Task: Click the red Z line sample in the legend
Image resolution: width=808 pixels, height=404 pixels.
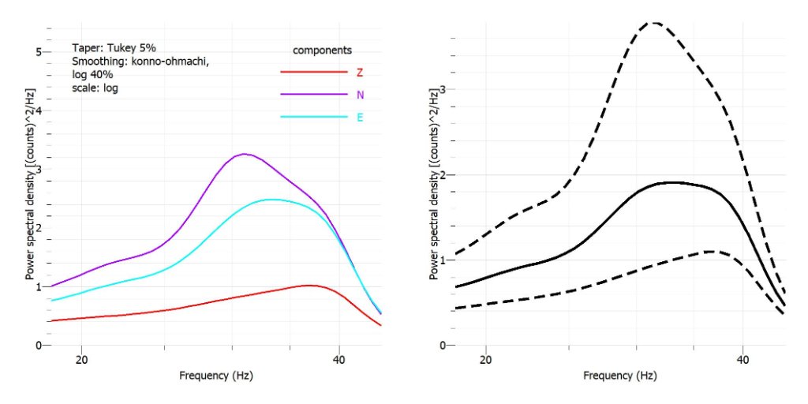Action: click(313, 72)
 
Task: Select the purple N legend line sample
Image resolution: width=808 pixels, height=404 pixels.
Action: click(313, 94)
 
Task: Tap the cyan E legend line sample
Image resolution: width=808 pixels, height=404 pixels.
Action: click(313, 117)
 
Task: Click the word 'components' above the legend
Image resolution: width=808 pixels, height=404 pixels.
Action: click(322, 50)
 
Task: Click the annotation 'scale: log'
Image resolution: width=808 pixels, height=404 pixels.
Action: click(95, 88)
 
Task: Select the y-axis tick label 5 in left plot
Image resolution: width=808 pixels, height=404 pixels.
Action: click(38, 52)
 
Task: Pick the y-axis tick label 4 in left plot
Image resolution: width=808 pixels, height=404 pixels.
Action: click(38, 110)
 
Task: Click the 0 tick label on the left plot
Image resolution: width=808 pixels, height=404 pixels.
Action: click(38, 346)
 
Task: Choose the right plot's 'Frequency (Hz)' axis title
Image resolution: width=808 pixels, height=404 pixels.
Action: click(619, 376)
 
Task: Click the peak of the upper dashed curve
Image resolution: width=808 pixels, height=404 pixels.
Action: click(654, 22)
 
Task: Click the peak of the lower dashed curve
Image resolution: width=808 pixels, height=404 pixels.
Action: click(712, 251)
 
